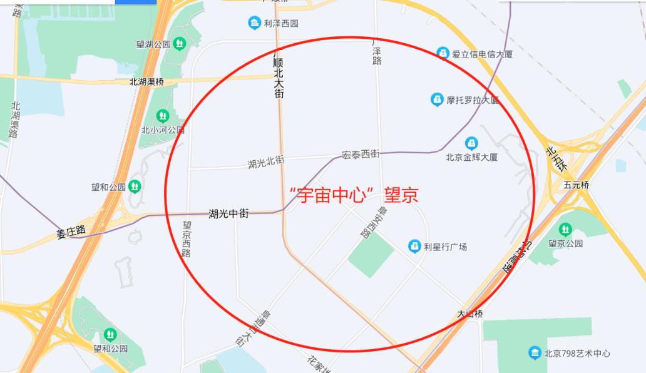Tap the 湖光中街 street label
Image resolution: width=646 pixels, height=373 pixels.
pyautogui.click(x=228, y=214)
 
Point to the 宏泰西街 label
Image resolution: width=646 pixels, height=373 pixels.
pyautogui.click(x=360, y=153)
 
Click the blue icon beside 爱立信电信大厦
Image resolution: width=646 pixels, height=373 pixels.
pyautogui.click(x=443, y=53)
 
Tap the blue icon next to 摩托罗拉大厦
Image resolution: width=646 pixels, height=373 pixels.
pyautogui.click(x=437, y=99)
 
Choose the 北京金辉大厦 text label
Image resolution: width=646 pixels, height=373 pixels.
pyautogui.click(x=471, y=158)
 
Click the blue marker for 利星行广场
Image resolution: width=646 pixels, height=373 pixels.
pyautogui.click(x=414, y=246)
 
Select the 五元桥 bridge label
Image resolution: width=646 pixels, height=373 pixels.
pyautogui.click(x=577, y=185)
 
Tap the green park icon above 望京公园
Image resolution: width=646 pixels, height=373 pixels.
pyautogui.click(x=565, y=229)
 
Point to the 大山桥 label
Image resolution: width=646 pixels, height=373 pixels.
pyautogui.click(x=469, y=314)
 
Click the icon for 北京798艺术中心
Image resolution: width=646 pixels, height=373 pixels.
pyautogui.click(x=535, y=353)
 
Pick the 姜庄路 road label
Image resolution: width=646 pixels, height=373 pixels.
pyautogui.click(x=71, y=232)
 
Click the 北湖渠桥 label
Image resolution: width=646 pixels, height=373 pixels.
pyautogui.click(x=146, y=81)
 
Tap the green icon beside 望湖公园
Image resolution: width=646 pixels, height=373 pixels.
pyautogui.click(x=180, y=43)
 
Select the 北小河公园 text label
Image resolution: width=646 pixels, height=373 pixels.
pyautogui.click(x=163, y=130)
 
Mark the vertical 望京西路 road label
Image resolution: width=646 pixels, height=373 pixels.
pyautogui.click(x=187, y=238)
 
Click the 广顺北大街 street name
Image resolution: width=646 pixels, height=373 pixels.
pyautogui.click(x=279, y=74)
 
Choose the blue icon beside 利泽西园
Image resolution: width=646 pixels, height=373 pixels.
pyautogui.click(x=254, y=24)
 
